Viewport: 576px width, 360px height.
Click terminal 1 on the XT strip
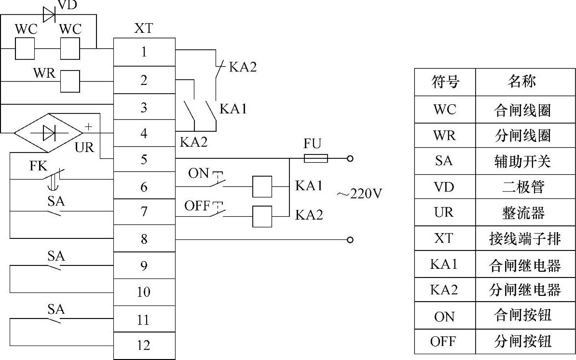(x=144, y=52)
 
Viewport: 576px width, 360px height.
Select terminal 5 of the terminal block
(x=144, y=159)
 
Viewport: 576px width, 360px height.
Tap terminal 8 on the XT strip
(x=144, y=239)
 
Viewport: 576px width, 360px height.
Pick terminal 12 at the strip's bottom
(x=144, y=346)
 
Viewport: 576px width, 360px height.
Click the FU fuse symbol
(x=316, y=158)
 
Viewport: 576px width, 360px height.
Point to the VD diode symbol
(x=49, y=15)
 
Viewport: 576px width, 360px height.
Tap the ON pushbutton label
(x=198, y=173)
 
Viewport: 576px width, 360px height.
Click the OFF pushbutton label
(x=197, y=206)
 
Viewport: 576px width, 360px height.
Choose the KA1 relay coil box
(x=262, y=186)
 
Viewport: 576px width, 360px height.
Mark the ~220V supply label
(x=359, y=194)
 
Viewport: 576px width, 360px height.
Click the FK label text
(x=39, y=166)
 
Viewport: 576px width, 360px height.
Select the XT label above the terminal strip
(x=143, y=29)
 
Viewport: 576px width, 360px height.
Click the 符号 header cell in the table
(x=444, y=82)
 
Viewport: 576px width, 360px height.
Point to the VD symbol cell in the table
(x=444, y=187)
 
